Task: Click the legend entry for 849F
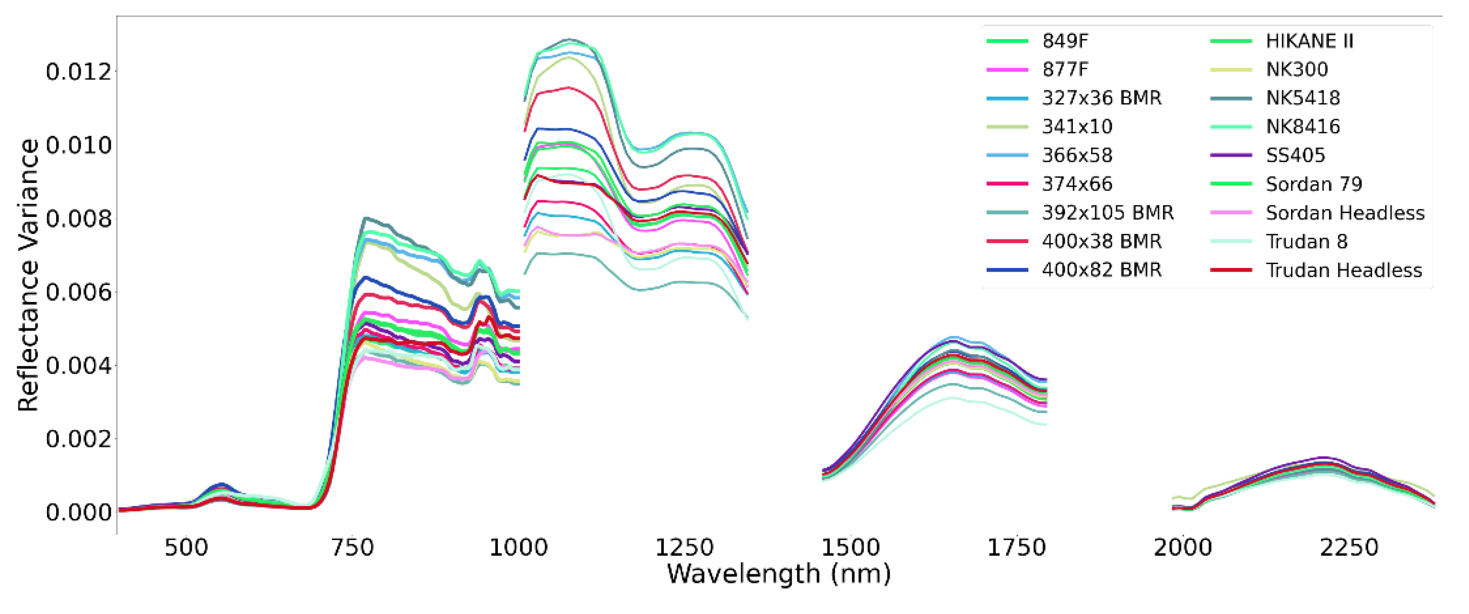[x=1065, y=41]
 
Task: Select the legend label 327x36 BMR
[x=1101, y=98]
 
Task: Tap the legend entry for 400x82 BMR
[x=1101, y=270]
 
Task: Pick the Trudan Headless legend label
[x=1343, y=270]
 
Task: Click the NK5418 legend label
[x=1303, y=98]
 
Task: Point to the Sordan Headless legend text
[x=1345, y=213]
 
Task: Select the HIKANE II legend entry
[x=1309, y=41]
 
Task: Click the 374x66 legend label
[x=1077, y=184]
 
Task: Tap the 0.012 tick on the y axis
[x=78, y=72]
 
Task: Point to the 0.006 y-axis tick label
[x=78, y=292]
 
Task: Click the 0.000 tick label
[x=78, y=512]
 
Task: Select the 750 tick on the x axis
[x=353, y=548]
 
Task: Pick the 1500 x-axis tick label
[x=850, y=548]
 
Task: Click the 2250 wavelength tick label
[x=1349, y=548]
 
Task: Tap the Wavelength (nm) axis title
[x=778, y=574]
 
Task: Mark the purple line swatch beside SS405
[x=1231, y=155]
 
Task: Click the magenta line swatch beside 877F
[x=1007, y=70]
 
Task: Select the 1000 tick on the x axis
[x=518, y=548]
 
